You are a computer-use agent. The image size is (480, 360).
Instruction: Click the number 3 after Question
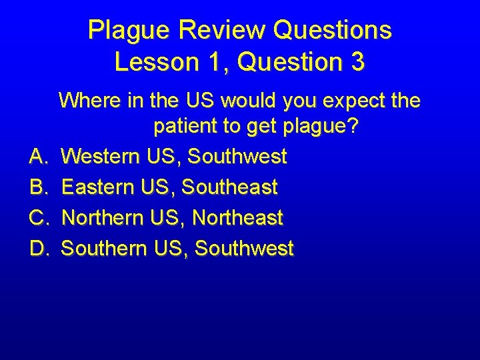click(357, 62)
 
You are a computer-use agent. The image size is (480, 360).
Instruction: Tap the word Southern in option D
click(104, 249)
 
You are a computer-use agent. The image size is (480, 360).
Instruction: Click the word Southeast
click(230, 188)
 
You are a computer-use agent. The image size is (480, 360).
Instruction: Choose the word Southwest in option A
click(237, 157)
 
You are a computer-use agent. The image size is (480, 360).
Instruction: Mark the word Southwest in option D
click(244, 249)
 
